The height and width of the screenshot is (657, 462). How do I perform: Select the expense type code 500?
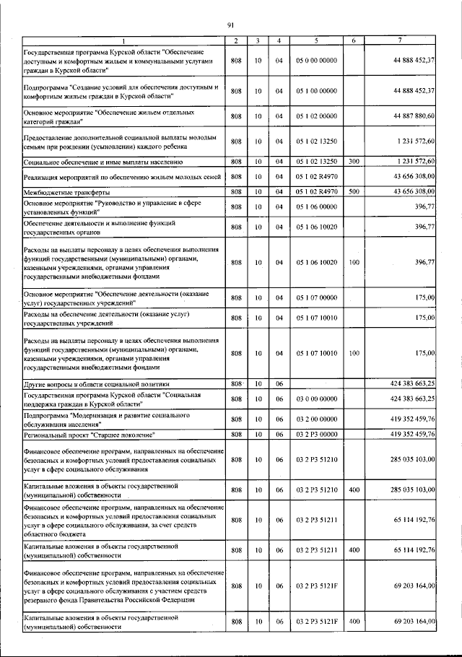[354, 192]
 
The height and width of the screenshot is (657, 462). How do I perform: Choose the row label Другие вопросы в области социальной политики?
[97, 384]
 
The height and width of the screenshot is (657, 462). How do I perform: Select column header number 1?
[123, 40]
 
